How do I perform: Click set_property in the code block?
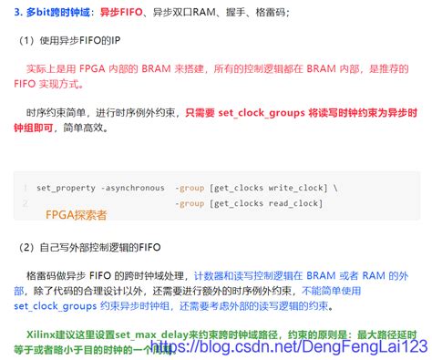66,188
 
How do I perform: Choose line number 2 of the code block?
26,202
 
